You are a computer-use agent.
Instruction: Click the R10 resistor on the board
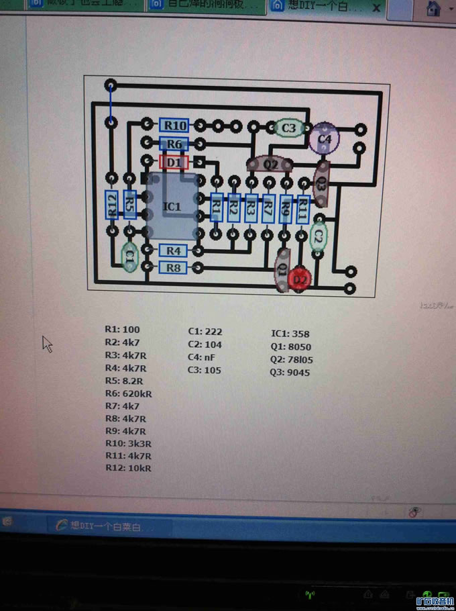tap(174, 126)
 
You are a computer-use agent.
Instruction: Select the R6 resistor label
tap(174, 144)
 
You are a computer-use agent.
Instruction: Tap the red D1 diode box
tap(174, 162)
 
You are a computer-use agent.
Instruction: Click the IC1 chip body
tap(172, 207)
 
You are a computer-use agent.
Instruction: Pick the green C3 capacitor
tap(288, 128)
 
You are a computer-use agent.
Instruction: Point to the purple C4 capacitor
tap(325, 139)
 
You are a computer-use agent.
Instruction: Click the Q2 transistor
tap(270, 164)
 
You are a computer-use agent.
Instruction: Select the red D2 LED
tap(300, 279)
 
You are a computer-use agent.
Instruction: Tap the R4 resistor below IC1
tap(174, 250)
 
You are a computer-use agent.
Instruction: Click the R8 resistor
tap(174, 267)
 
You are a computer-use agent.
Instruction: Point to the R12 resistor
tap(112, 205)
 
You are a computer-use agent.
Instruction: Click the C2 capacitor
tap(319, 236)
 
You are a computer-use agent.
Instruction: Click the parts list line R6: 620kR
tap(129, 393)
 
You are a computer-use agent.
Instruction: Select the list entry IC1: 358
tap(290, 334)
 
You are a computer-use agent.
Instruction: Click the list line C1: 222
tap(205, 332)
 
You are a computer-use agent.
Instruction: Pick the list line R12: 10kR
tap(128, 468)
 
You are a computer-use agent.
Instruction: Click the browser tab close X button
tap(376, 8)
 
